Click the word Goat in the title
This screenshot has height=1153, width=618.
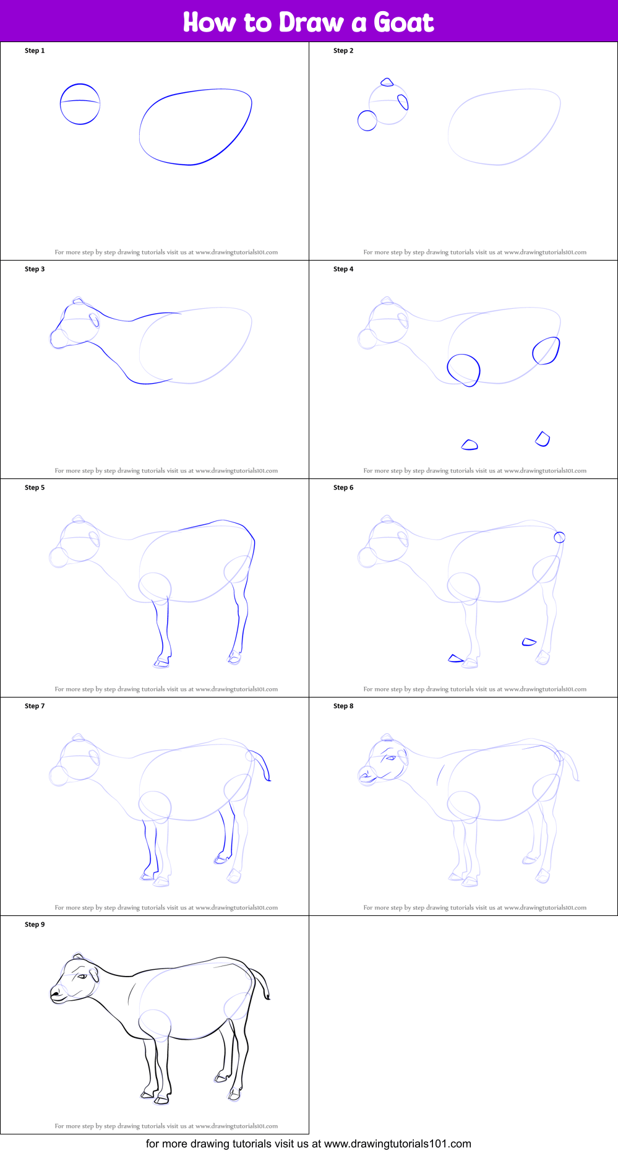(403, 22)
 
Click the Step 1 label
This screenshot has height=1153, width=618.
(35, 51)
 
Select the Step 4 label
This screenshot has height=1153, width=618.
(343, 269)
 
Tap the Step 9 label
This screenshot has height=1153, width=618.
(35, 925)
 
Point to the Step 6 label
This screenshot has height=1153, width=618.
(343, 488)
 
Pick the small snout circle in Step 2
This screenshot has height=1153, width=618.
(367, 121)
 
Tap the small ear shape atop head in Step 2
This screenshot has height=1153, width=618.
(387, 82)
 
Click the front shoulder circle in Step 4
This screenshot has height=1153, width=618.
(463, 369)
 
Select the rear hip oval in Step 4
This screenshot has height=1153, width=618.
(546, 350)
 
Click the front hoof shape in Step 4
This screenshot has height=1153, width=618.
(470, 444)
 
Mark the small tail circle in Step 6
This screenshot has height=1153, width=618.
(559, 537)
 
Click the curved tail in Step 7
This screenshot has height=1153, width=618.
(264, 764)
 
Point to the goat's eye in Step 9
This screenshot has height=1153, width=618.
(82, 976)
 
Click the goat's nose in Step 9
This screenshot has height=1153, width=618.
(55, 992)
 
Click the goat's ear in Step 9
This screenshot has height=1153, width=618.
(94, 975)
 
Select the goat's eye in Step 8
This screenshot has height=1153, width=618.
(390, 758)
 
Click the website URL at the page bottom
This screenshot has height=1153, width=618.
(397, 1144)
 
